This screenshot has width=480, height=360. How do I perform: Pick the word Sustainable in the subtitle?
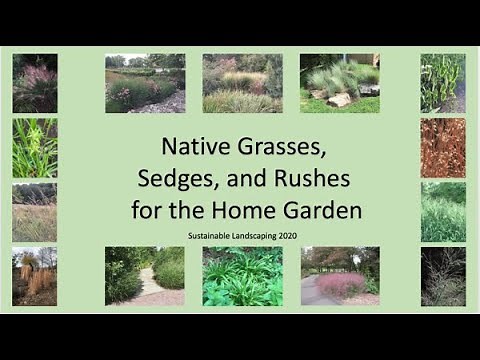pos(208,235)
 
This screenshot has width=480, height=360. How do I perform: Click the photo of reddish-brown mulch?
pos(442,147)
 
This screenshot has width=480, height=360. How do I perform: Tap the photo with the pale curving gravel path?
pos(145,276)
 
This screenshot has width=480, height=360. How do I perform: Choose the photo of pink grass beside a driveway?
pos(340,276)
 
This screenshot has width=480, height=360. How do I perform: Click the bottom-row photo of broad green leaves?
pos(242,276)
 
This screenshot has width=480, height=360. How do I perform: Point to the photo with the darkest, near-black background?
pos(442,276)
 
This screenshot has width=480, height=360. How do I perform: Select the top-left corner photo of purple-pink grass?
pos(35,83)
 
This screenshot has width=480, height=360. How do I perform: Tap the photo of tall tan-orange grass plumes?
pos(35,276)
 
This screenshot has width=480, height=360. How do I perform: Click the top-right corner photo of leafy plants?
pos(442,83)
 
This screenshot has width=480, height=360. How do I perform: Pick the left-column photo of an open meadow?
pos(35,212)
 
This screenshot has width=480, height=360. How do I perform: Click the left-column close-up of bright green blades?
pos(35,147)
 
